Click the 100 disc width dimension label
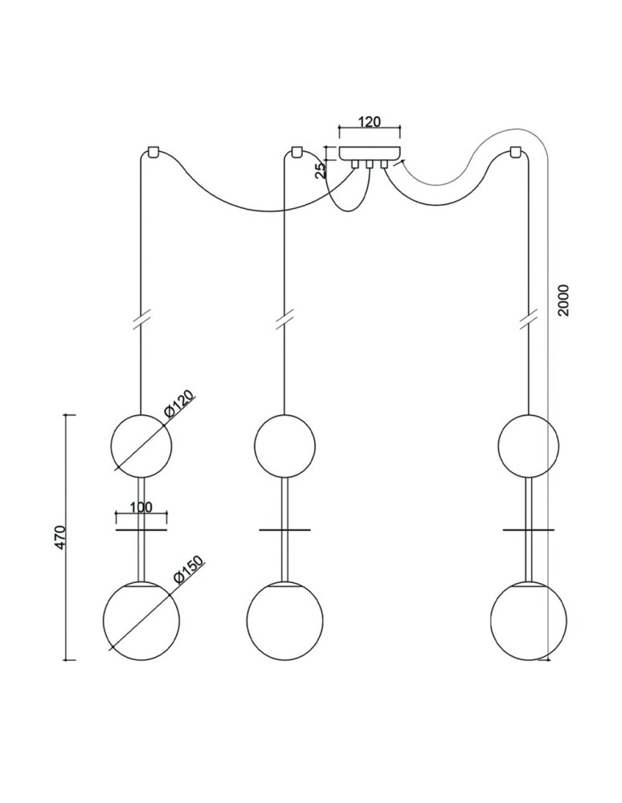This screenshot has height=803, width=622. click(141, 508)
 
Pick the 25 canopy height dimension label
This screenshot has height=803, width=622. click(320, 169)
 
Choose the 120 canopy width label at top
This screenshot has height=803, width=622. click(369, 123)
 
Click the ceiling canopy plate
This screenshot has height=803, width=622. click(370, 153)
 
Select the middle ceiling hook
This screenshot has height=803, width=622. click(296, 150)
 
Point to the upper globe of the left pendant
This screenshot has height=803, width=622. click(141, 444)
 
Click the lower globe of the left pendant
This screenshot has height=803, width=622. click(141, 619)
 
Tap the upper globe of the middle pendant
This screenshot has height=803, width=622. click(284, 444)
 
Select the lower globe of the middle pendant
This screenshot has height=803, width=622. click(284, 619)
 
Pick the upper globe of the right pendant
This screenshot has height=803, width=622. click(528, 444)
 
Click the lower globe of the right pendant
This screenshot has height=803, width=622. click(528, 619)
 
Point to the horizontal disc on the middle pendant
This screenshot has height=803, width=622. click(284, 530)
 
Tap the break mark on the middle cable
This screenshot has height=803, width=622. click(284, 319)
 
